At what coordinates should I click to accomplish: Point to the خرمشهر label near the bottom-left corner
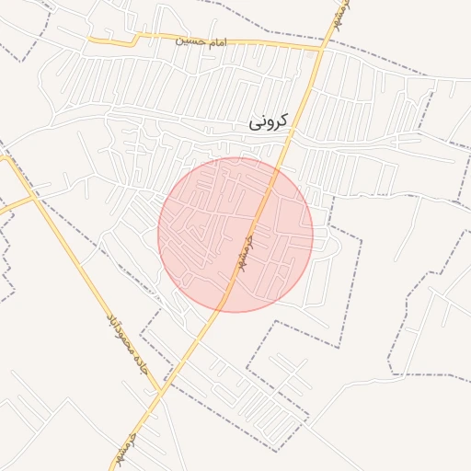coord(123,448)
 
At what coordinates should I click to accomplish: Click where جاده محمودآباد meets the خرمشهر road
coord(162,391)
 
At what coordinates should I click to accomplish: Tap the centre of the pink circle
coord(235,235)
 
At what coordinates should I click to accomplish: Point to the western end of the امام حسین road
coord(90,40)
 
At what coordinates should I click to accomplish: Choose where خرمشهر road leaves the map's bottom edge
coord(114,469)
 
